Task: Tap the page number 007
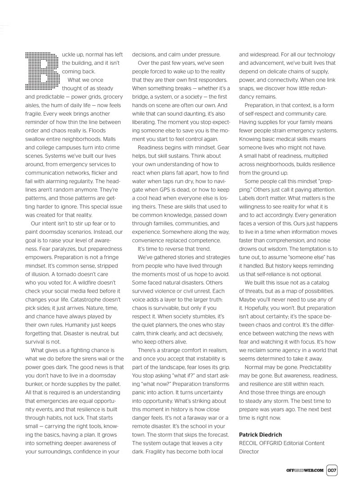[333, 470]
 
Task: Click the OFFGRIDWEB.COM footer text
[305, 470]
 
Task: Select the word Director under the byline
[249, 452]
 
